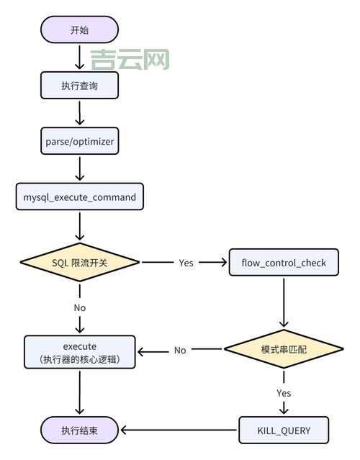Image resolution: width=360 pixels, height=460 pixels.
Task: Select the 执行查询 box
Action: tap(79, 86)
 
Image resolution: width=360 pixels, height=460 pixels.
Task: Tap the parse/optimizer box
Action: tap(79, 141)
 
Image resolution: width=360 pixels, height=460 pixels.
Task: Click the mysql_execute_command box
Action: tap(79, 197)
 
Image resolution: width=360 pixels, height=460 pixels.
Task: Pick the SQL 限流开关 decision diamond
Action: tap(79, 262)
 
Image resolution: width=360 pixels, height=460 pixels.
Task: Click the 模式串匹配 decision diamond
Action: tap(284, 350)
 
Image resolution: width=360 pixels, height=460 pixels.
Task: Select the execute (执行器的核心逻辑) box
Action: tap(79, 351)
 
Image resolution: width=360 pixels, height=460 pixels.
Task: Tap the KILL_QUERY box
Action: tap(284, 430)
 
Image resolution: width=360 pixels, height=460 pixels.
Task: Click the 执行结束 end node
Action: tap(79, 430)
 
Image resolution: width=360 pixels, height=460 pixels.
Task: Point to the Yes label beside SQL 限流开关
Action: tap(186, 263)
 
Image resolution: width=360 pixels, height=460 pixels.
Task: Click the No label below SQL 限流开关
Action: tap(79, 307)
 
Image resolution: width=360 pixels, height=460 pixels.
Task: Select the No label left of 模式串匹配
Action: tap(180, 351)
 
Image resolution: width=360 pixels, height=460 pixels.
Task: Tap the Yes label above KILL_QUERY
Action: tap(284, 393)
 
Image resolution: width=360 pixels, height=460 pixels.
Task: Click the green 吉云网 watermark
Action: tap(130, 59)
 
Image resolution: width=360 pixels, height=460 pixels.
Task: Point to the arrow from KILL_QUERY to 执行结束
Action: tap(180, 430)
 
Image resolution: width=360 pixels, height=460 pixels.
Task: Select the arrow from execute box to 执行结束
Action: tap(79, 392)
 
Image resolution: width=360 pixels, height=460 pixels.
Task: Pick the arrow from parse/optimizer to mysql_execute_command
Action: tap(79, 168)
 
